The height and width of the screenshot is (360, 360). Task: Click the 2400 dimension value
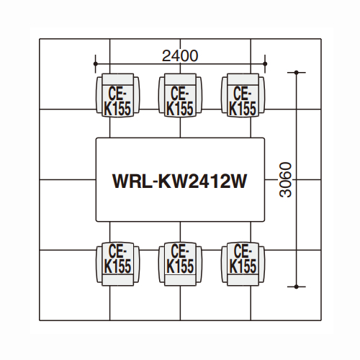[180, 56]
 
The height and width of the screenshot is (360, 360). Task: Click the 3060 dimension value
[286, 180]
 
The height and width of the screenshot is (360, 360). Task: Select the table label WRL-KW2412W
[180, 181]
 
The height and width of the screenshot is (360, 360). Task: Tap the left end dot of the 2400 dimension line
[96, 64]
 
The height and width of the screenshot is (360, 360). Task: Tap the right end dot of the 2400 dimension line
[265, 64]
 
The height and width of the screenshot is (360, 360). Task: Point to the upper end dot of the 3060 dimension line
[297, 72]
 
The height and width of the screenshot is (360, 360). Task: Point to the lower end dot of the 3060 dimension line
[297, 287]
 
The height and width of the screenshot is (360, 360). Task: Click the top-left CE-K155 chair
[117, 95]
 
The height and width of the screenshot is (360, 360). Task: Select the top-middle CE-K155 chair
[180, 95]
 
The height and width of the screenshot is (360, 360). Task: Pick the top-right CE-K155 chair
[243, 95]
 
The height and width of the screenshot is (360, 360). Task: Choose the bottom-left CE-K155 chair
[117, 264]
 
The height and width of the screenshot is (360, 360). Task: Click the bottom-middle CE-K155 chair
[180, 264]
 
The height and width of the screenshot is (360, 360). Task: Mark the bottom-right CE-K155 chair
[243, 264]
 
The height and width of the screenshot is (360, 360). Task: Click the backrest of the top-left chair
[117, 79]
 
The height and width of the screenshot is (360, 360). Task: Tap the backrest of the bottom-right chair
[243, 280]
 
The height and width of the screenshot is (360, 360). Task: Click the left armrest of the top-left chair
[99, 95]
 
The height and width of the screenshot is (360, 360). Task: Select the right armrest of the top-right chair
[261, 95]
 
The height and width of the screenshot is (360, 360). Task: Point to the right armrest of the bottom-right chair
[261, 264]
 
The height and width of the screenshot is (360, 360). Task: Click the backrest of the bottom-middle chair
[180, 280]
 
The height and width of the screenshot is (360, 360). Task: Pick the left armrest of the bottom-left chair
[99, 264]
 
